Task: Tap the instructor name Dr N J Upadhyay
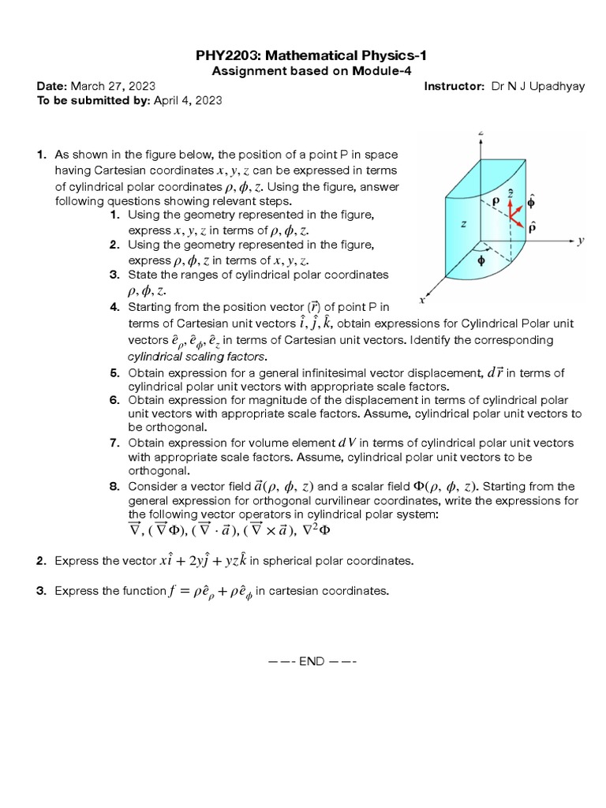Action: pyautogui.click(x=538, y=86)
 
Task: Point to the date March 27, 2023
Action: pyautogui.click(x=113, y=86)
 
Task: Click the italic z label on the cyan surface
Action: pyautogui.click(x=463, y=224)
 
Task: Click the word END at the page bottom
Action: pyautogui.click(x=311, y=661)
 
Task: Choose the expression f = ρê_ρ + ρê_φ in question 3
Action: pyautogui.click(x=211, y=592)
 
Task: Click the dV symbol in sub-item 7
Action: pyautogui.click(x=349, y=443)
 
